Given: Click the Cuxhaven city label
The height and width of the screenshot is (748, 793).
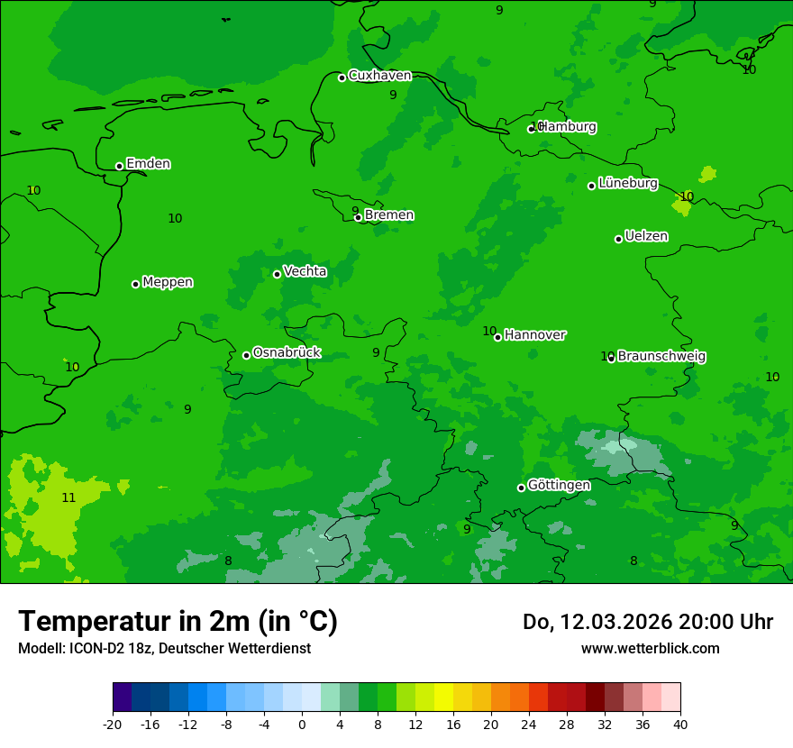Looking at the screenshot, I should coord(379,76).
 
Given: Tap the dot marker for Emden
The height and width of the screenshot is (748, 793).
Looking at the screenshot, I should coord(119,166).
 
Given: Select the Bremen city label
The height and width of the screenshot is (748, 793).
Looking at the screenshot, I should coord(389,215).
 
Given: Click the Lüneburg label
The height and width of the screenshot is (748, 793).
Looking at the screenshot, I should coord(628,183).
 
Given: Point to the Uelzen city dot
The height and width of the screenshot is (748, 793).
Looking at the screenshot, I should coord(618,239).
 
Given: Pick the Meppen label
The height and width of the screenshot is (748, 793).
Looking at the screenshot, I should coord(168,282).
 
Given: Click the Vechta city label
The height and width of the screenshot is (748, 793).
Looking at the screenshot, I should coord(305,271).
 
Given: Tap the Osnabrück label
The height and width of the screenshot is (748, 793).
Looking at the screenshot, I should coord(287,352).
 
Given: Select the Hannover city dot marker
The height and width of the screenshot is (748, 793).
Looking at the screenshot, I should coord(497,337).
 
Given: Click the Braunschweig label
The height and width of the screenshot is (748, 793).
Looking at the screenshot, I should coord(661,356).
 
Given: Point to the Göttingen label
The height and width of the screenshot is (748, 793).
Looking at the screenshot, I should coord(559,485).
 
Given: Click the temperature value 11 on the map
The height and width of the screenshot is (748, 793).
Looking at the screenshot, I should coord(68,497).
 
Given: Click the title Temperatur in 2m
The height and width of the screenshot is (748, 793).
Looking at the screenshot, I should coord(178,622).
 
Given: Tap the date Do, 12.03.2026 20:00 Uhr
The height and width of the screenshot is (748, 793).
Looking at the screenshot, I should coord(648,622).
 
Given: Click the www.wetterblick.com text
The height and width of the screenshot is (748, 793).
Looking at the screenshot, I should coord(650,648).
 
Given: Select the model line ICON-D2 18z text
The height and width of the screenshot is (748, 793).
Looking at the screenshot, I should coord(164,648).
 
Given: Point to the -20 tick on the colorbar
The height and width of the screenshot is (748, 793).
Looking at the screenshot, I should coord(113,724).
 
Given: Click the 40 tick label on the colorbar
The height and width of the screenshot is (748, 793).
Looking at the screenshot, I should coord(679,724).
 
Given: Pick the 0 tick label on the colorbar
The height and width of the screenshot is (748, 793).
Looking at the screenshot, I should coord(302,724).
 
